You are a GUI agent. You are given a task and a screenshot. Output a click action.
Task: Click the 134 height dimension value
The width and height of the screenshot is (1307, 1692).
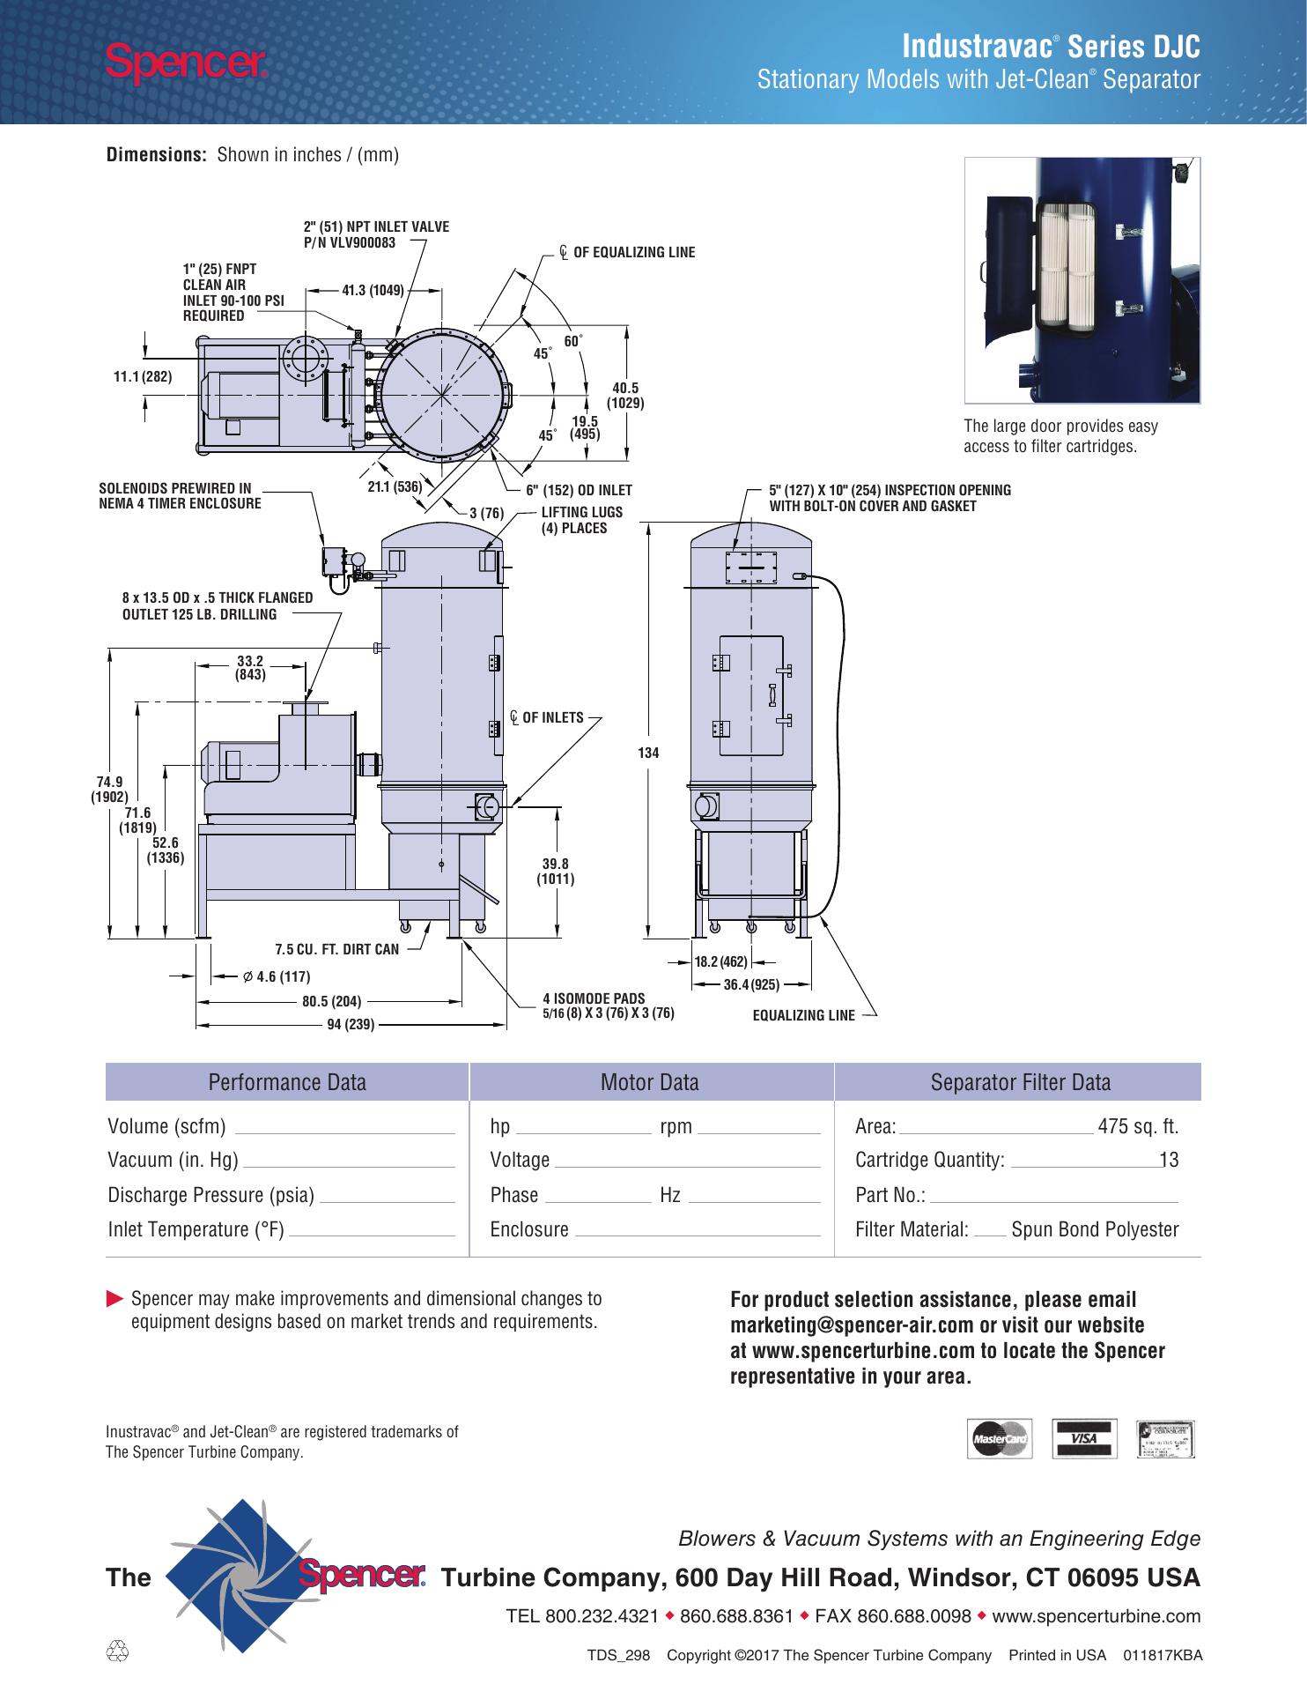click(649, 753)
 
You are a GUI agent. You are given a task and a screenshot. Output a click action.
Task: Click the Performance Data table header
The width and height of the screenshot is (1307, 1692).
click(287, 1082)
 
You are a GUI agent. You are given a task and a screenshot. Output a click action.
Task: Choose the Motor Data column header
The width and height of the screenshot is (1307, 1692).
click(650, 1082)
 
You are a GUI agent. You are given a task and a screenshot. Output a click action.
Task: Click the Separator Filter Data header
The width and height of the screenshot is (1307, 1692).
click(1021, 1082)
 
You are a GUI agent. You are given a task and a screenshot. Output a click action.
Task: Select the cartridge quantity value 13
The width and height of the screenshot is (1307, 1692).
click(1170, 1160)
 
